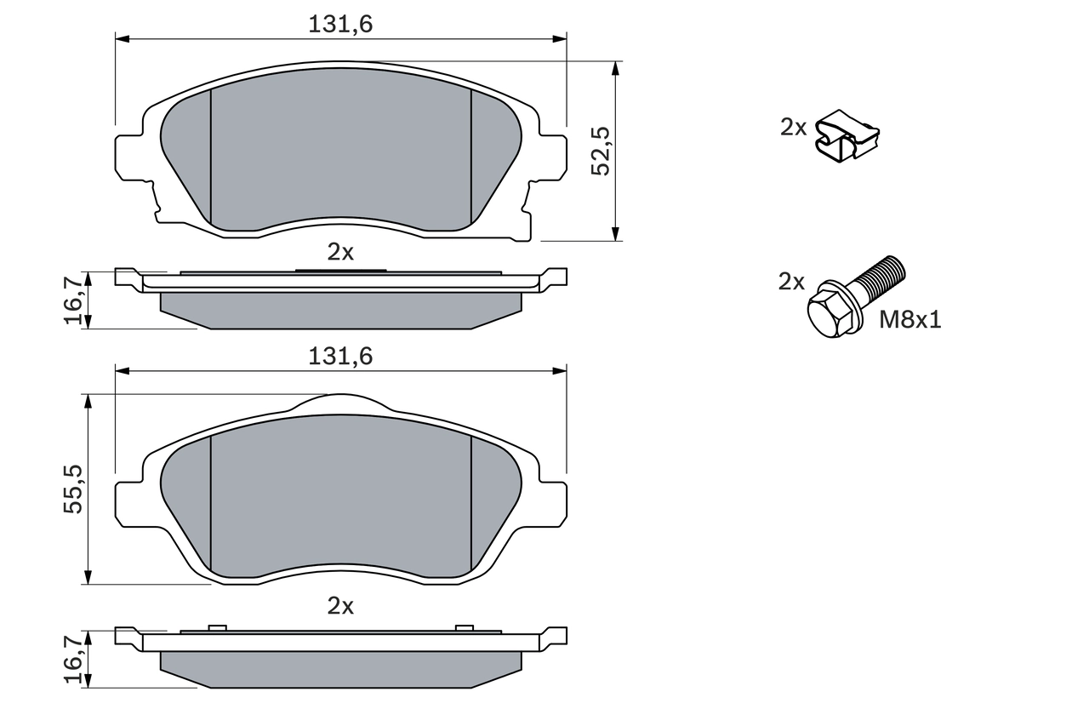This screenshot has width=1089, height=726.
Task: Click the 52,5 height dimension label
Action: coord(602,151)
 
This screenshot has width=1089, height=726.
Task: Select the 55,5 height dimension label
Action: coord(74,489)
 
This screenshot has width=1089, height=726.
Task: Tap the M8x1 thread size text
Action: coord(910,320)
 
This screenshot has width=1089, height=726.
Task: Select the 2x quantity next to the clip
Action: coord(793,128)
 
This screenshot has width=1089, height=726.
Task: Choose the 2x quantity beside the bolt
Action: coord(791,282)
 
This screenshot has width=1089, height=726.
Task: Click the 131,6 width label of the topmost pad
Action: coord(340,25)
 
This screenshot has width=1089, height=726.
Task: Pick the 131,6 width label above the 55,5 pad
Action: coord(340,357)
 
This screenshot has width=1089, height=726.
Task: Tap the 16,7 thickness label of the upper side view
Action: coord(74,300)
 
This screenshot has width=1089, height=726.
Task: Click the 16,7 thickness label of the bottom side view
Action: coord(74,658)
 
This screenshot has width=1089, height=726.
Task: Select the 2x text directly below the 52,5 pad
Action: coord(340,251)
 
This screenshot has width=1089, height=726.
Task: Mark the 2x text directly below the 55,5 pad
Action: coord(340,606)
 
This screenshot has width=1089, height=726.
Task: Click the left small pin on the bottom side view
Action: coord(217,628)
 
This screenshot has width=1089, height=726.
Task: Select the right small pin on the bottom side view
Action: coord(464,628)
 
